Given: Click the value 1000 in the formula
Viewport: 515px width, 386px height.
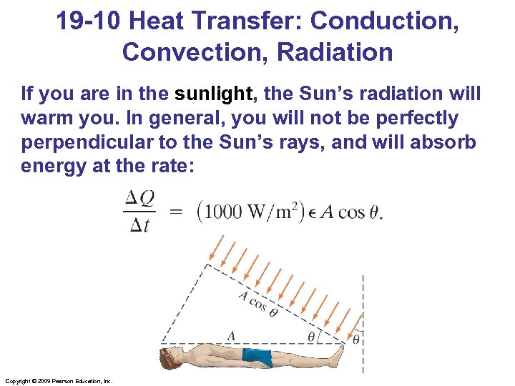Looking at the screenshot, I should pos(225,212).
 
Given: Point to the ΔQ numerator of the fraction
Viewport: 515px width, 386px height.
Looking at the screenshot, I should pos(140,199).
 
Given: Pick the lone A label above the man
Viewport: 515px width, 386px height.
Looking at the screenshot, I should pos(230,335).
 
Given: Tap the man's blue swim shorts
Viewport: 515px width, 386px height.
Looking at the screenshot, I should pos(257,356).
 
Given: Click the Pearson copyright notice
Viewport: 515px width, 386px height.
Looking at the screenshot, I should pos(58,381).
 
